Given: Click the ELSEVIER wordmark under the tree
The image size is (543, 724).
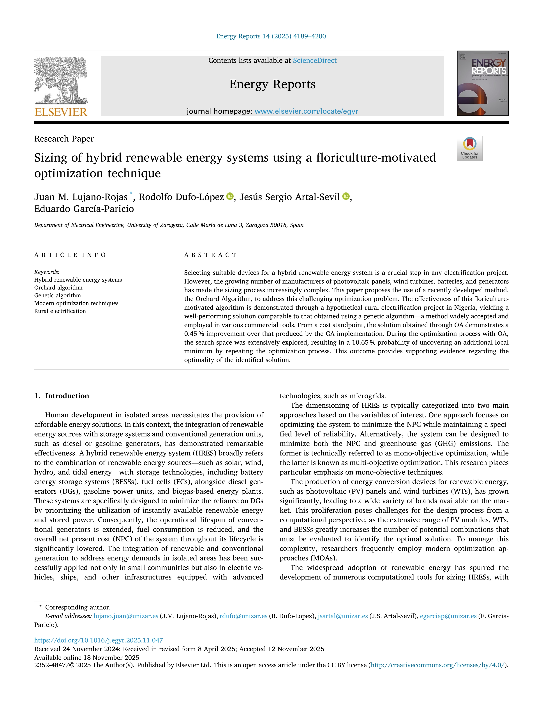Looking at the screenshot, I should click(61, 112).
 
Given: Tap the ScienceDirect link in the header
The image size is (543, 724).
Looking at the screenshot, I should click(315, 61).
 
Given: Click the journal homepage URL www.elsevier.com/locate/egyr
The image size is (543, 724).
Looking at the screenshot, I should click(306, 111).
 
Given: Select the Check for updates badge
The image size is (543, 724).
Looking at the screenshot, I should click(469, 148).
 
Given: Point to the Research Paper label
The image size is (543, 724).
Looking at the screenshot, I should click(64, 139).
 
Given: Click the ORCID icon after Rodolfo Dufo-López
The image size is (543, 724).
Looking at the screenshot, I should click(230, 196).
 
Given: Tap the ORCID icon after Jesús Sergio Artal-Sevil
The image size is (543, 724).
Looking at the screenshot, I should click(346, 196).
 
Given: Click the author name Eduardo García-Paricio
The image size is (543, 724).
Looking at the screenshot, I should click(84, 209).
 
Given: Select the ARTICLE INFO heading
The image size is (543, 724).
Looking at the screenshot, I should click(70, 255).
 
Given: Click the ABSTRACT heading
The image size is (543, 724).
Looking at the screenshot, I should click(210, 255).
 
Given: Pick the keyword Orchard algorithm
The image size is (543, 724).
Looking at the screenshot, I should click(58, 288).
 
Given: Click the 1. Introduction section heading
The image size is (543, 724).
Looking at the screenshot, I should click(62, 396).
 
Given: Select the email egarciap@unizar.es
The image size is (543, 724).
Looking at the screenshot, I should click(448, 616).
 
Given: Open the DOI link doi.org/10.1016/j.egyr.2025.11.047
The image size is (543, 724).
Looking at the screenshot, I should click(99, 640).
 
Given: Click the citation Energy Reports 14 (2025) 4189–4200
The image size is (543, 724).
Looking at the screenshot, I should click(271, 36).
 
